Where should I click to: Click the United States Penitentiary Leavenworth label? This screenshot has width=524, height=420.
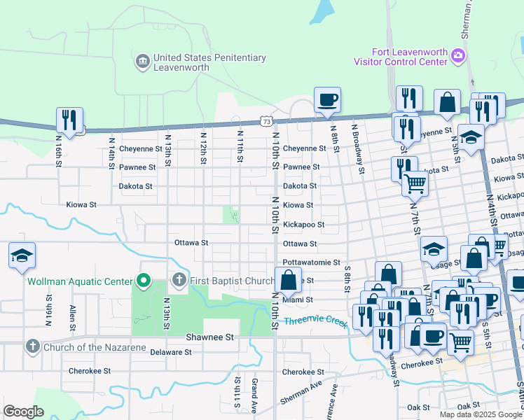(x=209, y=62)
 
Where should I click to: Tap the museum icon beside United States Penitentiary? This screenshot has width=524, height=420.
(x=142, y=62)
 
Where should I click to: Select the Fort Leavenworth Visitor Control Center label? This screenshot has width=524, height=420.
(x=409, y=57)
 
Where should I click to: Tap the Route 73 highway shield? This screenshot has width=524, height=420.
(x=266, y=121)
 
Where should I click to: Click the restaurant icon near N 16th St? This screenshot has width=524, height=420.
(x=69, y=120)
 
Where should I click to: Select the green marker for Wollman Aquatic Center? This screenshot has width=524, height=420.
(x=144, y=281)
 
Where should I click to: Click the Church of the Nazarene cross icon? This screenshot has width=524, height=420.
(x=32, y=346)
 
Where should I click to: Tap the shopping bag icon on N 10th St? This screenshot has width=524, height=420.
(x=288, y=281)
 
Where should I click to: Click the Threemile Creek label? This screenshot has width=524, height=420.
(x=316, y=322)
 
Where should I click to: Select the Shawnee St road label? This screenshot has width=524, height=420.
(x=209, y=337)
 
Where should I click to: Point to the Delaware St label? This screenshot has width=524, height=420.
(x=170, y=352)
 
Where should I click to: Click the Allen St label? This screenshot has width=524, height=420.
(x=72, y=317)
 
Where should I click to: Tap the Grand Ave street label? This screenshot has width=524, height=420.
(x=255, y=393)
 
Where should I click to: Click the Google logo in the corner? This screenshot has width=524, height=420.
(x=23, y=412)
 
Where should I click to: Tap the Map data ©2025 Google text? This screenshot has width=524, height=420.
(x=480, y=414)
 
